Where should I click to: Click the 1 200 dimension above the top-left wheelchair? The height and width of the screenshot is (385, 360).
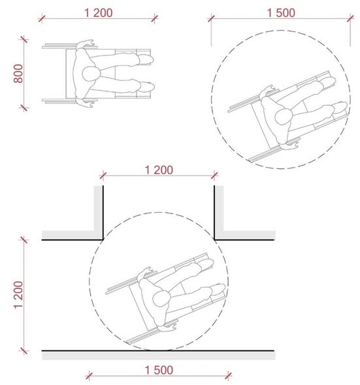tap(99, 13)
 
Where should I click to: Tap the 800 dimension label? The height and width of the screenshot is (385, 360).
tap(18, 74)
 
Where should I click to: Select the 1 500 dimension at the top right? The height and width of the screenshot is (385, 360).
tap(281, 13)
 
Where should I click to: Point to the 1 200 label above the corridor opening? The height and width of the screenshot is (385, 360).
tap(159, 170)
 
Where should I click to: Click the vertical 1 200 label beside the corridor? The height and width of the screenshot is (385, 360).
tap(18, 295)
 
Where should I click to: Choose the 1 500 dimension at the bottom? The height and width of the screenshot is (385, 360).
tap(159, 370)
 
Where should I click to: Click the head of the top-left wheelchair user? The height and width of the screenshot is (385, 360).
tap(91, 74)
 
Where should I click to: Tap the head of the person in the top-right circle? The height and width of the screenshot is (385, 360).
tap(284, 117)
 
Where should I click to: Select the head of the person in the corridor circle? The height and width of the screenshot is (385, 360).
tap(161, 298)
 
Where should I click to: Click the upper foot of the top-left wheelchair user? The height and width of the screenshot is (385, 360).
tap(146, 59)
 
